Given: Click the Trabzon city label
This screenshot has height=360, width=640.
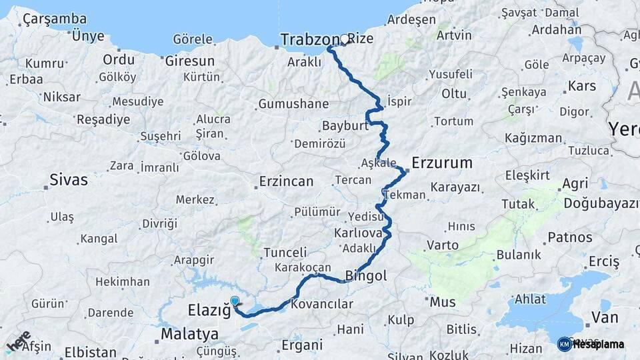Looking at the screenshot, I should coord(310,40).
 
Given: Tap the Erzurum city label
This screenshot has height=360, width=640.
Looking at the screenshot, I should coord(442,163).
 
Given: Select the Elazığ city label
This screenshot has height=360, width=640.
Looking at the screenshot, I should coord(209,310).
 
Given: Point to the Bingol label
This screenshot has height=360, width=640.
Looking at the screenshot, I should coord(366,275).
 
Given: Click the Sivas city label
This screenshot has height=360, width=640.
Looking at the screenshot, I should coord(69,179).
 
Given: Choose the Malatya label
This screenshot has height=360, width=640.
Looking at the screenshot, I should coord(189,333).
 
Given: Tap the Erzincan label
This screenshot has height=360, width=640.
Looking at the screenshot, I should coord(286,181).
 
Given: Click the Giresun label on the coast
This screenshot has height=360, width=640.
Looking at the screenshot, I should coord(190,61).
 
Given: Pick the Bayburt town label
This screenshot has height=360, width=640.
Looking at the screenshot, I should coord(345,126).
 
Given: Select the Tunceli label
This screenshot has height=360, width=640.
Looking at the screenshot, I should coord(285,253).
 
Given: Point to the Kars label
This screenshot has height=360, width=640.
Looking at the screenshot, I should coord(582,86).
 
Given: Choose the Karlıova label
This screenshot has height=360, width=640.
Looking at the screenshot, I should coord(358,233).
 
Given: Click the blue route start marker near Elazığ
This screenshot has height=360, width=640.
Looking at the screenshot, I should coord(235,301).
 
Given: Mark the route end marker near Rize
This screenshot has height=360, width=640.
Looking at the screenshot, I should coord(345,39).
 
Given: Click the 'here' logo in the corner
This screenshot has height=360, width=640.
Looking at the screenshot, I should coord(18,341).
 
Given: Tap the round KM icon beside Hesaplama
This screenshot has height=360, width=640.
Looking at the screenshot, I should coord(564,344).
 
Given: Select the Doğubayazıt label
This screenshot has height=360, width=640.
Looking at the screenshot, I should coord(601,203).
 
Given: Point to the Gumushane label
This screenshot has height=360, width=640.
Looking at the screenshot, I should coord(293,104).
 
